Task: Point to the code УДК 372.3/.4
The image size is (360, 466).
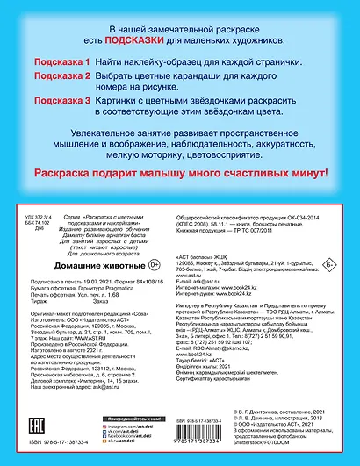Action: (40, 213)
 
